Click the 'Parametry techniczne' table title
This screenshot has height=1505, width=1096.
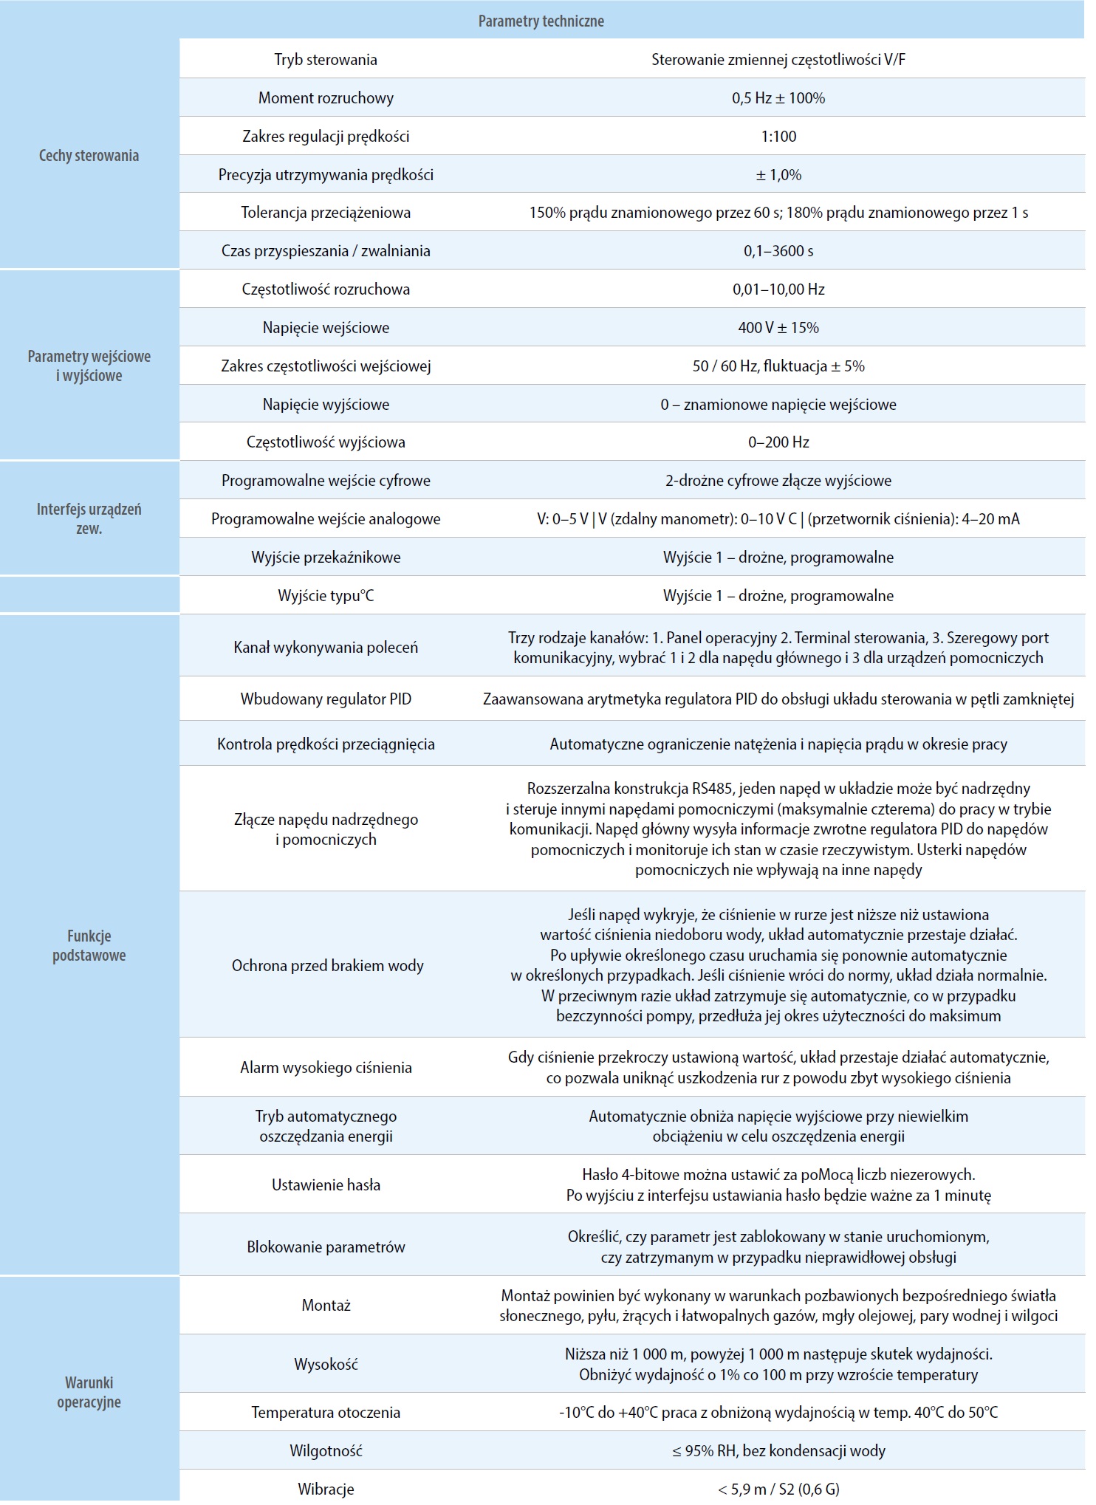541,21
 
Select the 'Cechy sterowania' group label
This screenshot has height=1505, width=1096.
89,156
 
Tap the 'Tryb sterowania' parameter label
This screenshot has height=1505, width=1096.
326,60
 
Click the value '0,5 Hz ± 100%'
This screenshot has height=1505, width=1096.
778,98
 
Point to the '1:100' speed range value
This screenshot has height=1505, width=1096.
778,137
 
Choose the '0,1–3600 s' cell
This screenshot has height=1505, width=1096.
778,251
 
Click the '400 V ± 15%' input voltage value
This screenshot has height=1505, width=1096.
778,328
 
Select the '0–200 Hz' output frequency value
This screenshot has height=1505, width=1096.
778,442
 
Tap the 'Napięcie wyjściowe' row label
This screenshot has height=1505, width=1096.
326,405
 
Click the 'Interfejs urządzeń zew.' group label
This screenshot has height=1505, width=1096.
89,518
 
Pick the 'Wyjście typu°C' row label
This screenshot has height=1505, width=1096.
326,596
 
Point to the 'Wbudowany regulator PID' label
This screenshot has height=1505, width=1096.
326,699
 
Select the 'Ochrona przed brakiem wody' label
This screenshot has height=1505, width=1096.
327,966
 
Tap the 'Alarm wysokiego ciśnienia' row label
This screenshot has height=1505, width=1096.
326,1068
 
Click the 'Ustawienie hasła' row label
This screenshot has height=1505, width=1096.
326,1185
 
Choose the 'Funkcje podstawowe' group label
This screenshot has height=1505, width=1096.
89,946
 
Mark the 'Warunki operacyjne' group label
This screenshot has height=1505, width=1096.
89,1393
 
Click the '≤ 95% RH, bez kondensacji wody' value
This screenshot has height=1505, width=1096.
778,1451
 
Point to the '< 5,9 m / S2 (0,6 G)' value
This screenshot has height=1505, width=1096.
778,1489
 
